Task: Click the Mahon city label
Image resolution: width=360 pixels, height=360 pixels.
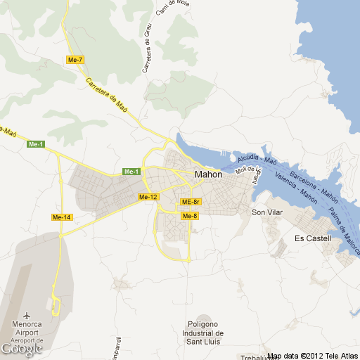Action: pos(208,174)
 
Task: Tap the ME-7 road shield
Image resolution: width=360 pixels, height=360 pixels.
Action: pos(75,60)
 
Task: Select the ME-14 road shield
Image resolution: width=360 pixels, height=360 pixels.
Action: pos(62,217)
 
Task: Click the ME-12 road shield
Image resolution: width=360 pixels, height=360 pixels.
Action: pos(148,197)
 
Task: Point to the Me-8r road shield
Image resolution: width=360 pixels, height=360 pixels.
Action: pos(191,202)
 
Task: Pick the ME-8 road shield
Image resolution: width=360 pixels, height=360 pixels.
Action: pos(190,216)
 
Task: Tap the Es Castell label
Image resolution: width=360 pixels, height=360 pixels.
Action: pos(313,239)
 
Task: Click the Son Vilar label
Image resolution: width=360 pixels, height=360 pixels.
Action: pos(267,212)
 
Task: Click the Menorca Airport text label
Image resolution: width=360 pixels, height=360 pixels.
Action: pos(23,329)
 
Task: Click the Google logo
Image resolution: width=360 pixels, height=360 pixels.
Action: pos(22,349)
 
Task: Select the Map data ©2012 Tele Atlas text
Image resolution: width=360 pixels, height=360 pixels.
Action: pos(312,356)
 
